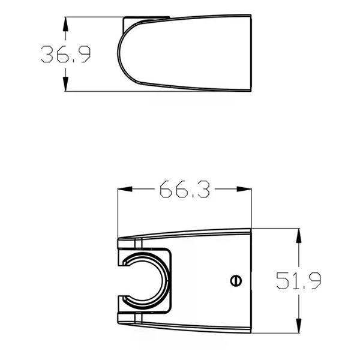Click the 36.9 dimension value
tap(65, 54)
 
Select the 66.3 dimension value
tap(185, 189)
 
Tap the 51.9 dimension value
tap(298, 281)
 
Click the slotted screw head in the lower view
tap(236, 281)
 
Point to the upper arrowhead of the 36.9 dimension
tap(65, 24)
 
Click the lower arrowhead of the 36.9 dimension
tap(65, 84)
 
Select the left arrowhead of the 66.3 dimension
tap(125, 189)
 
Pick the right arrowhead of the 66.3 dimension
tap(244, 189)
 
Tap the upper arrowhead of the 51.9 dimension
tap(298, 236)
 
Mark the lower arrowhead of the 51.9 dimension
tap(298, 326)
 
